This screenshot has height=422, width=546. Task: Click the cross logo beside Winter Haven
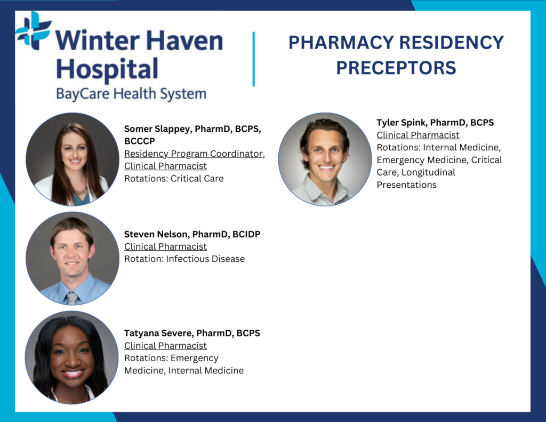pos(34,30)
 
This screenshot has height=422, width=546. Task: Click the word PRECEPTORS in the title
pos(396,68)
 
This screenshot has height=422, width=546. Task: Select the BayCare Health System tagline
pos(131,94)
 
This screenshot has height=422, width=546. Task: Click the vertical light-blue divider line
pos(253,59)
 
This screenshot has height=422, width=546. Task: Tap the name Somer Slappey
pos(157,129)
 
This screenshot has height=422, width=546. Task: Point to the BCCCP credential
pos(140,141)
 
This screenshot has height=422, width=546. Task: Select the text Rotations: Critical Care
pos(174,178)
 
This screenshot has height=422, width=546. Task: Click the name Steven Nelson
pos(156,234)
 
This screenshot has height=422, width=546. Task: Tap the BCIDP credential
pos(246,234)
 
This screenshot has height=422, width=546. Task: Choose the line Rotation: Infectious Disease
pos(184,259)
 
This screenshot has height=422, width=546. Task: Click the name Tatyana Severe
pos(158,333)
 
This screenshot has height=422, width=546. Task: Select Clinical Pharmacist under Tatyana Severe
pos(165,346)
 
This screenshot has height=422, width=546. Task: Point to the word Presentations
pos(407,185)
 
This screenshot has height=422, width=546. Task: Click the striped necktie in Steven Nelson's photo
pos(73,298)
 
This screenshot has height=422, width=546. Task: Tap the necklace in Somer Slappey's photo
pos(81,190)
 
